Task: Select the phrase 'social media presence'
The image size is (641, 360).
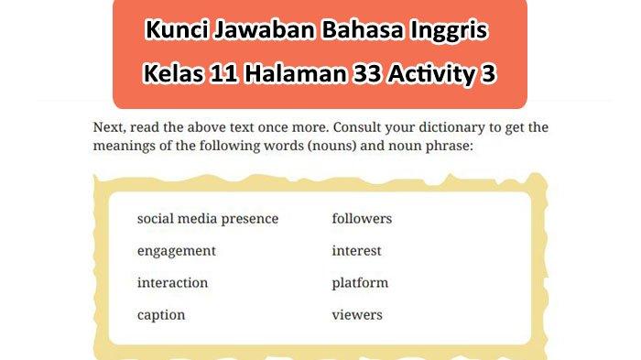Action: point(207,219)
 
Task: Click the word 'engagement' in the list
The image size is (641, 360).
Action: point(176,251)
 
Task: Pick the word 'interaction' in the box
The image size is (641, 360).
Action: point(172,283)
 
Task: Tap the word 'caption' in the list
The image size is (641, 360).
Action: point(161,315)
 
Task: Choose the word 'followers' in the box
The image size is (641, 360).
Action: point(362,219)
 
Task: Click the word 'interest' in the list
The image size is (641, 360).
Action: point(356,251)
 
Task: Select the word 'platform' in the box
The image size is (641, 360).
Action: point(360,283)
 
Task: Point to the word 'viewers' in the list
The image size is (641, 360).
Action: point(357,315)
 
